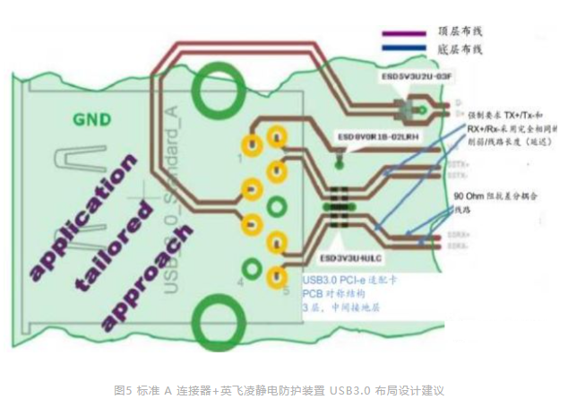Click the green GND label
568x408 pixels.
[93, 119]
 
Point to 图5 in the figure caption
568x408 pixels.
[123, 391]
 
